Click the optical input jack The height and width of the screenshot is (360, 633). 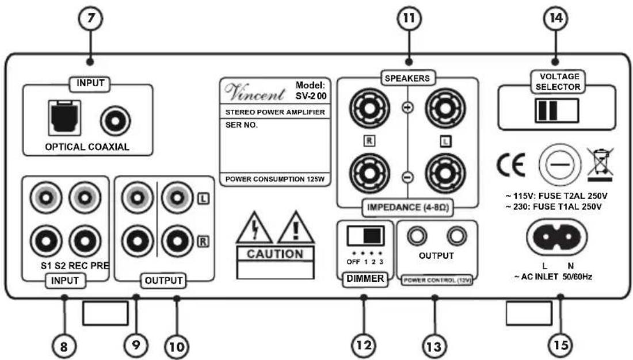64,118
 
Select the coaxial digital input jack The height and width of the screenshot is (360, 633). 116,120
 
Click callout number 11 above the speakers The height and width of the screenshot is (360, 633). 409,18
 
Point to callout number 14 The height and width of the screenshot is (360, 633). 556,18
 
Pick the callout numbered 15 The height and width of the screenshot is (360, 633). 560,345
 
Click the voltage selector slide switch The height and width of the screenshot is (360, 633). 556,110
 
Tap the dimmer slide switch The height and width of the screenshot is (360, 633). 365,235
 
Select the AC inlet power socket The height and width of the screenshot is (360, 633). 556,238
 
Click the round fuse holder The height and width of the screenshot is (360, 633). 560,164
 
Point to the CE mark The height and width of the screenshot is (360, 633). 510,164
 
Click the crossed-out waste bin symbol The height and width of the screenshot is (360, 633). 600,164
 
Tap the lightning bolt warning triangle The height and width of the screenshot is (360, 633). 254,228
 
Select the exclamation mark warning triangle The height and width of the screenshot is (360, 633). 296,228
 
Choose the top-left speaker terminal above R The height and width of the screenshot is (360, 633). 369,108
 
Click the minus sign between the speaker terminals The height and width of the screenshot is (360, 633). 408,177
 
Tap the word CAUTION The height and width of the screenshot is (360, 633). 275,254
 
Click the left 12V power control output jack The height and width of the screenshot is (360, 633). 417,236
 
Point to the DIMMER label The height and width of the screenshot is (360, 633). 365,278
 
